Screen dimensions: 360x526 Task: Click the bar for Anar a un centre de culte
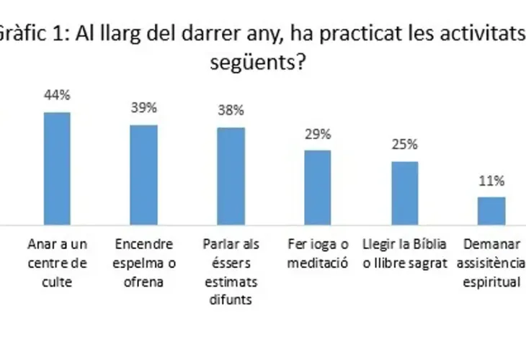[x=57, y=169]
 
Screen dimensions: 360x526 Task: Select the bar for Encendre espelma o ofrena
[x=143, y=175]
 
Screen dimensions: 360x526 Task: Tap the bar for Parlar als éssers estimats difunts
[x=231, y=176]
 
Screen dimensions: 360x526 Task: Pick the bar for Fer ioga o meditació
[x=318, y=188]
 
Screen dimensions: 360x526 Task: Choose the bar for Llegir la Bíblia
[x=405, y=194]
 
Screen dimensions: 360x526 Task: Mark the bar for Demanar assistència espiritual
[x=492, y=211]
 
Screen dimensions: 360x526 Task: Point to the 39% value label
[x=143, y=108]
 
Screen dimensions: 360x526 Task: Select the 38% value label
[x=231, y=111]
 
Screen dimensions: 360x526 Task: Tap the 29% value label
[x=318, y=134]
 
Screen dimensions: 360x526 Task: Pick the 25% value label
[x=405, y=144]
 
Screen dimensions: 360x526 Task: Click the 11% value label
[x=492, y=181]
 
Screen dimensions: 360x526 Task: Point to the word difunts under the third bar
[x=231, y=300]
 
